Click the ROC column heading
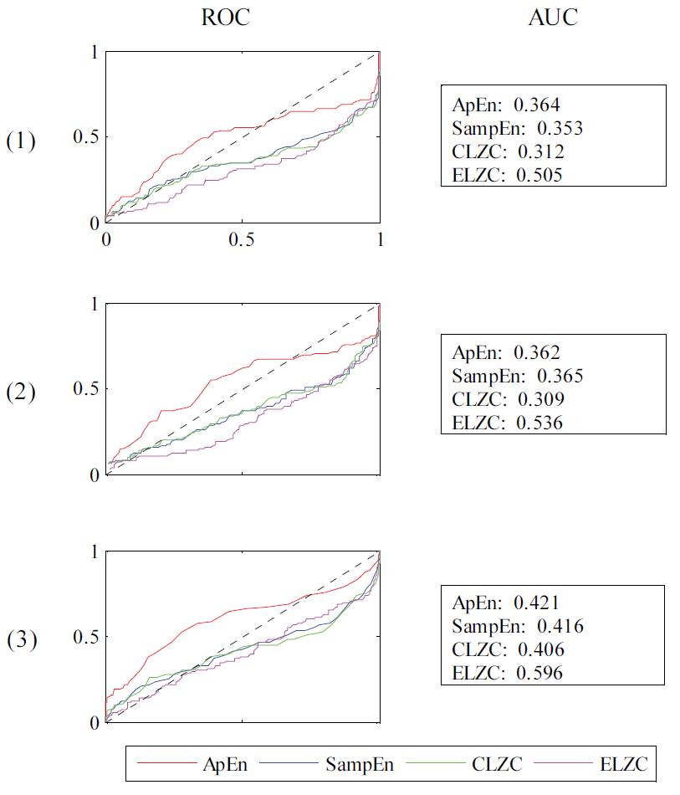(225, 18)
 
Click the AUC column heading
(553, 18)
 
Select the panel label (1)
(21, 141)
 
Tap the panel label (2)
(21, 392)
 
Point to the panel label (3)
(21, 641)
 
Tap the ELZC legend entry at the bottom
(624, 763)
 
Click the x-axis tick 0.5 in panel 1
(243, 239)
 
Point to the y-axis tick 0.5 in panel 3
(84, 638)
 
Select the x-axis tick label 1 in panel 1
(381, 239)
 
